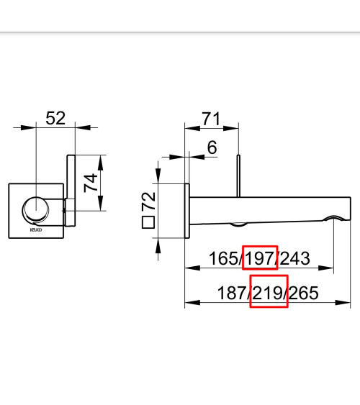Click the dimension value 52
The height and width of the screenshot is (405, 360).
coord(55,119)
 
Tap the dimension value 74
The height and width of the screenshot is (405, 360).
coord(91,183)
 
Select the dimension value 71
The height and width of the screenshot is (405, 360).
coord(211,119)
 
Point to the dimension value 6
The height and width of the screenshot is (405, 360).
coord(212,147)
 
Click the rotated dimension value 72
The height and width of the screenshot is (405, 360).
coord(149,201)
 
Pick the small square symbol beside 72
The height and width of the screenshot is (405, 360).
coord(148,222)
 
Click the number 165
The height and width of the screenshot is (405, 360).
coord(224,258)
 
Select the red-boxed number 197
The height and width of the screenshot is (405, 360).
coord(259,258)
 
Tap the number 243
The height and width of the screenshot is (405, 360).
coord(295,258)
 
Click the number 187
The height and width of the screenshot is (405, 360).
coord(232,293)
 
